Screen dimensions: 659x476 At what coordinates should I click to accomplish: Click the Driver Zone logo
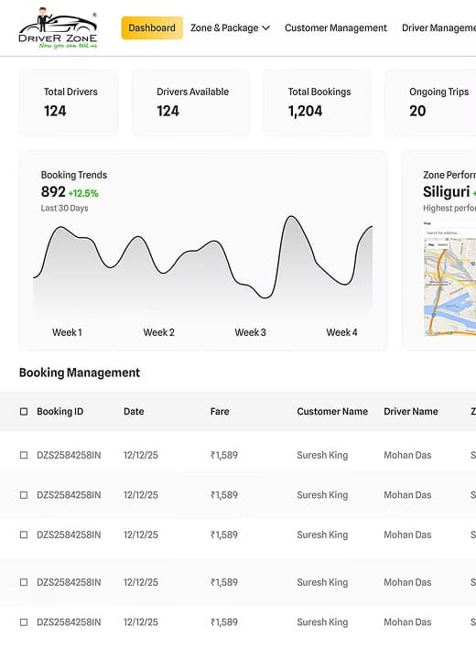coord(57,29)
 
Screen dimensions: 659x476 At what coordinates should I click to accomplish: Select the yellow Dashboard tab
coord(152,28)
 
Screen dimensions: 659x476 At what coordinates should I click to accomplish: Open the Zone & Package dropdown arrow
coord(265,28)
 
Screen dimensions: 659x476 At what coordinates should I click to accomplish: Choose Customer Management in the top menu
coord(335,28)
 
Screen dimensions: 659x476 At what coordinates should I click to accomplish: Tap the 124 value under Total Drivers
coord(55,111)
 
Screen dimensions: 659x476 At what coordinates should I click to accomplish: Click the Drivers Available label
coord(192,92)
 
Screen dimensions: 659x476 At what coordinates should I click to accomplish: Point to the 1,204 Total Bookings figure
coord(305,111)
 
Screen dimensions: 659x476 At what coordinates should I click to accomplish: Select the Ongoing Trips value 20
coord(417,111)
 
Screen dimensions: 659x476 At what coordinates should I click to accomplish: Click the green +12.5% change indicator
coord(83,193)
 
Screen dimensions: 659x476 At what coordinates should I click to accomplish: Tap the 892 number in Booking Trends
coord(53,192)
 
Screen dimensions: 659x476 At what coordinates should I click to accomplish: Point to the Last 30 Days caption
coord(64,209)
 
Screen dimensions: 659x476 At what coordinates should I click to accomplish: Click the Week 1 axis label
coord(67,332)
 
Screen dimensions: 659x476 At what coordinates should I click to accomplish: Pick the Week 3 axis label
coord(250,332)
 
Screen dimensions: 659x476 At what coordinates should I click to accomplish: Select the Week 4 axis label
coord(341,332)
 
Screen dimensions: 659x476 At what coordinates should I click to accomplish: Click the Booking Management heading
coord(80,373)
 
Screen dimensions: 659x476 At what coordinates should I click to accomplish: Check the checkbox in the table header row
coord(24,412)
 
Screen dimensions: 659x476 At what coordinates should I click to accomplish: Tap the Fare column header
coord(220,412)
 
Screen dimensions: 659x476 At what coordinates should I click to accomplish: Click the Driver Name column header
coord(410,412)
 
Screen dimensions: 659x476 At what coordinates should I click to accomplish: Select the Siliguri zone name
coord(446,192)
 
